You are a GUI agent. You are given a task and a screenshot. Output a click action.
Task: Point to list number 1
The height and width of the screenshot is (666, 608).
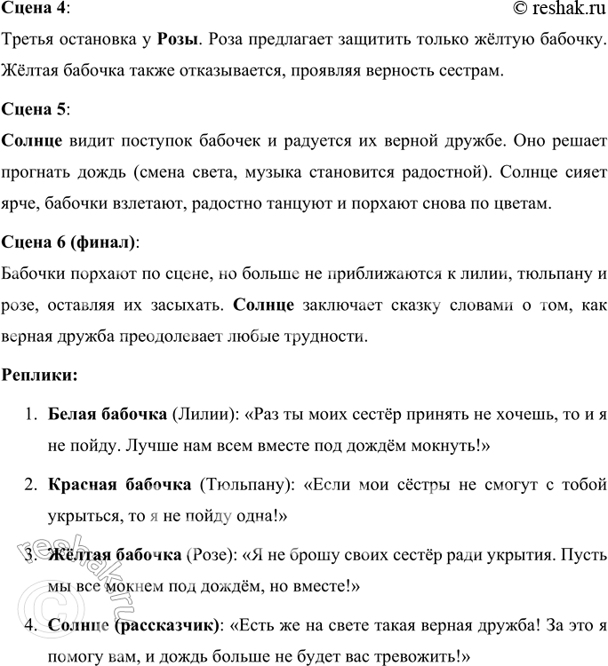pyautogui.click(x=29, y=416)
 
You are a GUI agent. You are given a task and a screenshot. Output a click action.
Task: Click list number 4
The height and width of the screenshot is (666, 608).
pyautogui.click(x=29, y=626)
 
